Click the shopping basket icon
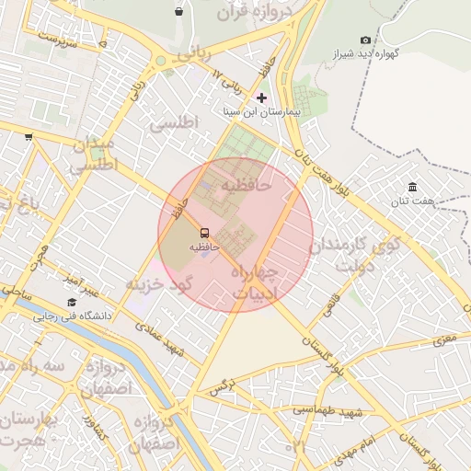point(178,11)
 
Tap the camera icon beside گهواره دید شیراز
point(366,40)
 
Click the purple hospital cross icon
point(262,97)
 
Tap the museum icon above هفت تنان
point(411,187)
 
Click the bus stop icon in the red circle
point(204,233)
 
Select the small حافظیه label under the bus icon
point(204,247)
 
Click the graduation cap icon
point(72,303)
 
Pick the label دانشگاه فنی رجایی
point(73,316)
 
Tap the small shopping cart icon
point(29,137)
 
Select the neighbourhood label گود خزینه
point(157,283)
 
